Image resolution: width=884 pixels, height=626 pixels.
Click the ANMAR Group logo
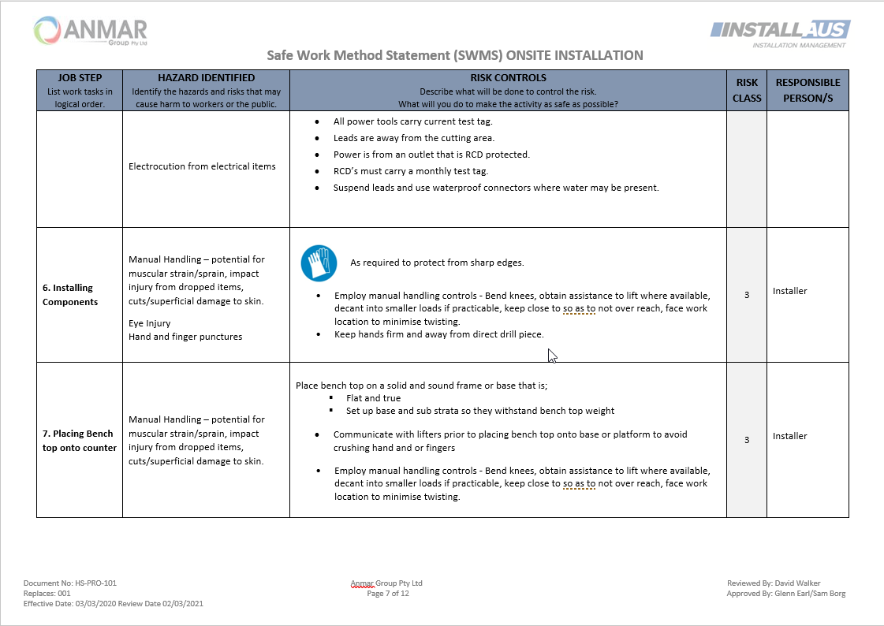[91, 32]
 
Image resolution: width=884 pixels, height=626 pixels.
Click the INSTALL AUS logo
[780, 33]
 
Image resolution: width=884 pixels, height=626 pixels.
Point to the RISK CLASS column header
[747, 90]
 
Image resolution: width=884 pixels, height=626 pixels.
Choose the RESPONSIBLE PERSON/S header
[808, 90]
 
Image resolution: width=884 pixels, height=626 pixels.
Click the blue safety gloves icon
[319, 263]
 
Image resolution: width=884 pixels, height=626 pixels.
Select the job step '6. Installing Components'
[70, 295]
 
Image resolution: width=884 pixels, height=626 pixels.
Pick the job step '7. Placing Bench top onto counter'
[79, 441]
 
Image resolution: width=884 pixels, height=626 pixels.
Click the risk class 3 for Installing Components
[747, 294]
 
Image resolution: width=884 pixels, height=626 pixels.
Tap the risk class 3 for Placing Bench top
[747, 440]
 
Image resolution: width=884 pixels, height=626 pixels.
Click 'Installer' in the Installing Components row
[790, 291]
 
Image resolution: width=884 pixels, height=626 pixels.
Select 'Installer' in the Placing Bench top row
[790, 436]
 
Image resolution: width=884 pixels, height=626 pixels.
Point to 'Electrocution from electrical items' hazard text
[202, 166]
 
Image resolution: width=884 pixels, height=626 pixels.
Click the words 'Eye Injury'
[149, 322]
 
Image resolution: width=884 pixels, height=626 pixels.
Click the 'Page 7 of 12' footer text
[387, 594]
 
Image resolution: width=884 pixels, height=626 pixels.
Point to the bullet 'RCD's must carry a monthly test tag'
[411, 171]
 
